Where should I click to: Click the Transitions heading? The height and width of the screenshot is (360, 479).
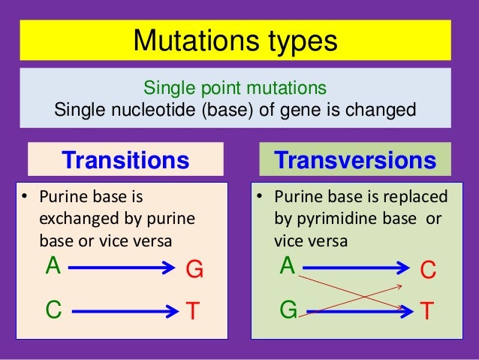pos(125,160)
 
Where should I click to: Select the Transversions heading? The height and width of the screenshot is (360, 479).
pos(355,160)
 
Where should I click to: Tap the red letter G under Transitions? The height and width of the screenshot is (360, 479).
pos(194,270)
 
